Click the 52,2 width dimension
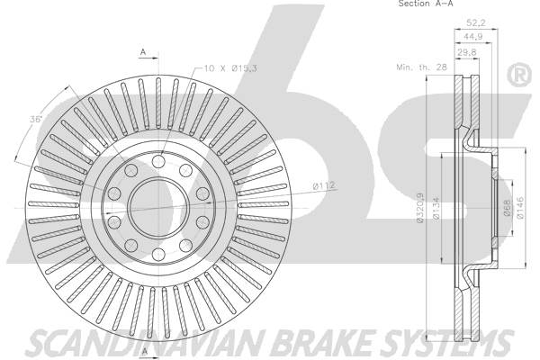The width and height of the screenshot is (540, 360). [475, 22]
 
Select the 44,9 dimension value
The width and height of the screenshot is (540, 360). [473, 37]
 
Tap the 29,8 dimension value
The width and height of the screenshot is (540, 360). [467, 52]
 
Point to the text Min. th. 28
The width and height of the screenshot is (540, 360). [421, 67]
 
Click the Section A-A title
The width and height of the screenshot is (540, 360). [426, 4]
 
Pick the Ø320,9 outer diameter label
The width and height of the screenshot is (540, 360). [420, 208]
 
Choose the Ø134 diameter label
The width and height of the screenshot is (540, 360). [436, 208]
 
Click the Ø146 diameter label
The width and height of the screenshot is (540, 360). [520, 208]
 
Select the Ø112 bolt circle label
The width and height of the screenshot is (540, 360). [323, 186]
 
